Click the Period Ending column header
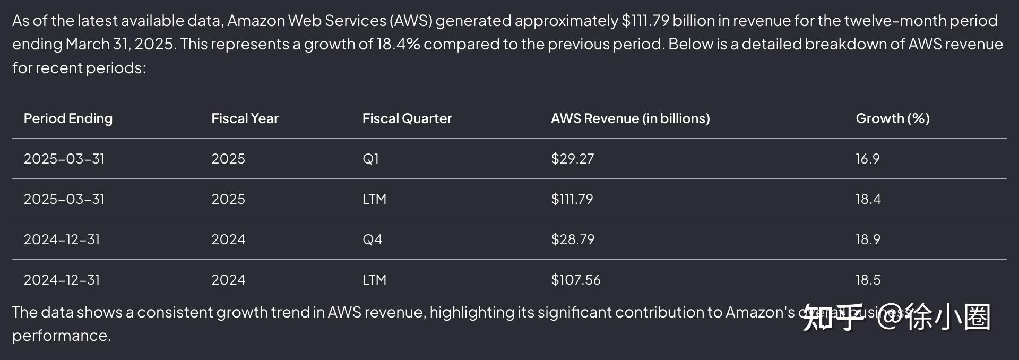point(68,118)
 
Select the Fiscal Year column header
point(245,118)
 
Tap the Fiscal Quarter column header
point(407,118)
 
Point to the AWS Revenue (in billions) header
point(630,118)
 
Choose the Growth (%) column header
point(892,118)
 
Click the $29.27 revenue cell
point(572,159)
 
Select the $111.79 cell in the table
point(572,199)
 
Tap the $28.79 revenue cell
point(572,239)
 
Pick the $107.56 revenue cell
point(575,280)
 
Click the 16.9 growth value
point(867,159)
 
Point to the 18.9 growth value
point(868,239)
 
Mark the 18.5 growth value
point(868,280)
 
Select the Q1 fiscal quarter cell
point(370,159)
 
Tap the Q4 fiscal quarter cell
point(372,239)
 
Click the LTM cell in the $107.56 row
point(374,280)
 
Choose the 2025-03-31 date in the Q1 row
point(64,159)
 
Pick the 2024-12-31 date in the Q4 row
point(62,239)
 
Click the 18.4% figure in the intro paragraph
point(398,44)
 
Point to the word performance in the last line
point(61,336)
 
